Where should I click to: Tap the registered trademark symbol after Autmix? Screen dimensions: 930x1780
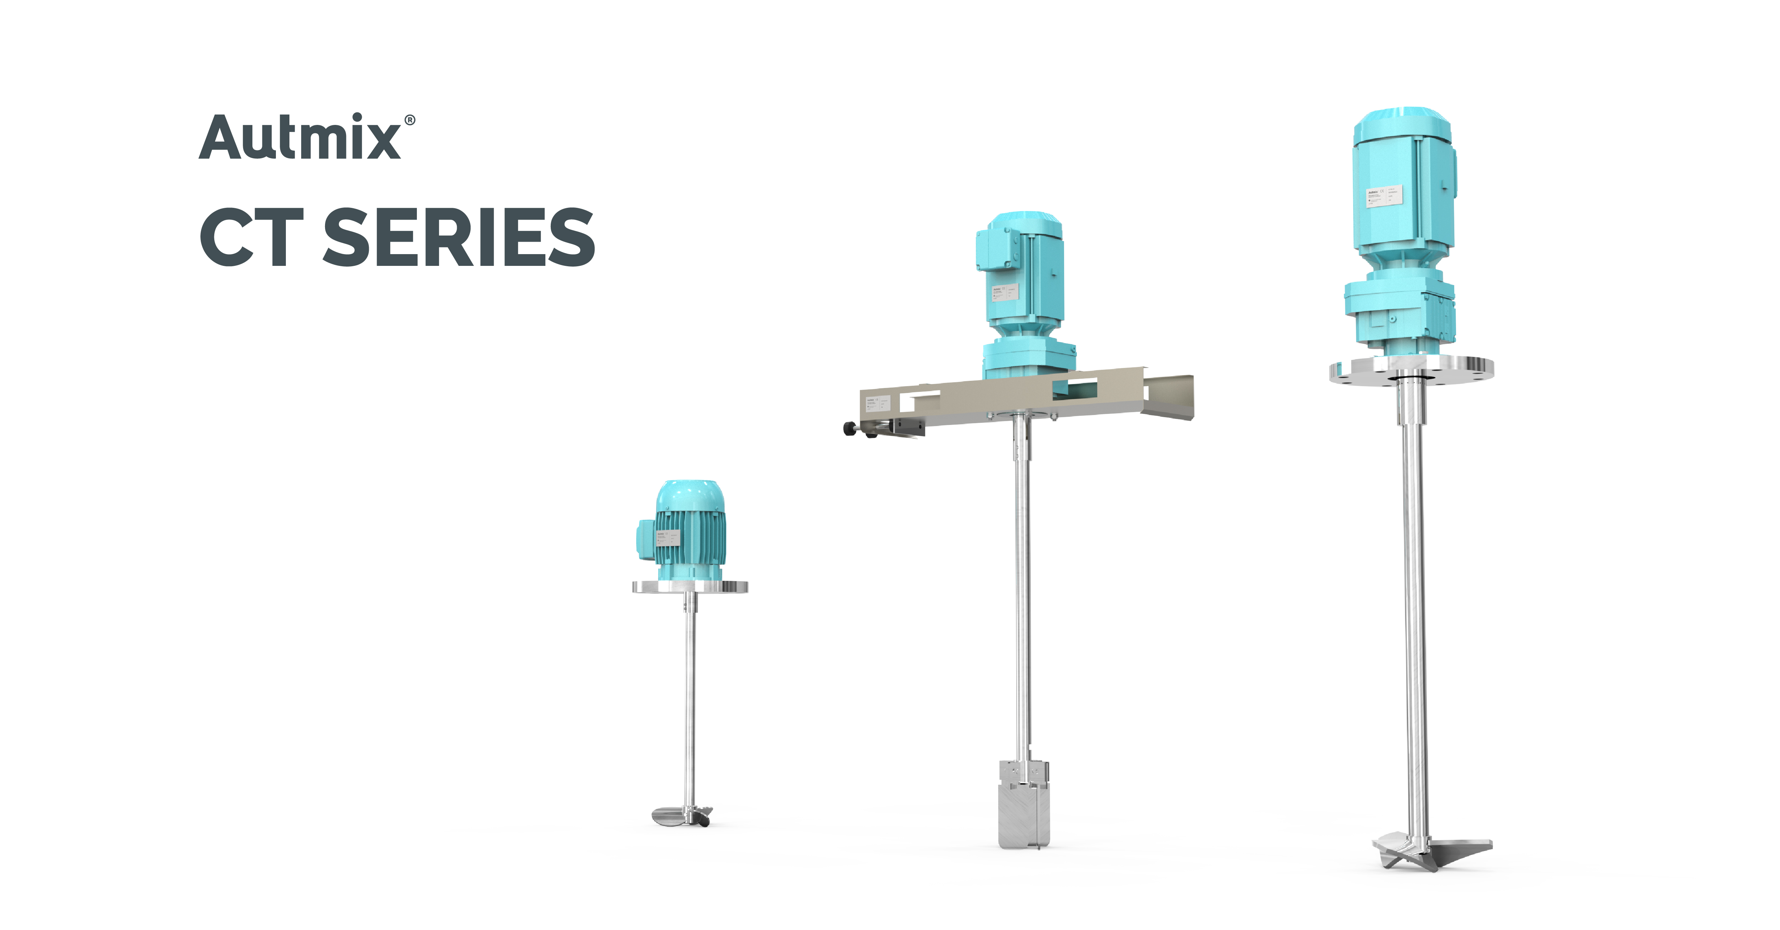click(410, 120)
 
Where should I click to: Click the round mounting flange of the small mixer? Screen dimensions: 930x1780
click(690, 587)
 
